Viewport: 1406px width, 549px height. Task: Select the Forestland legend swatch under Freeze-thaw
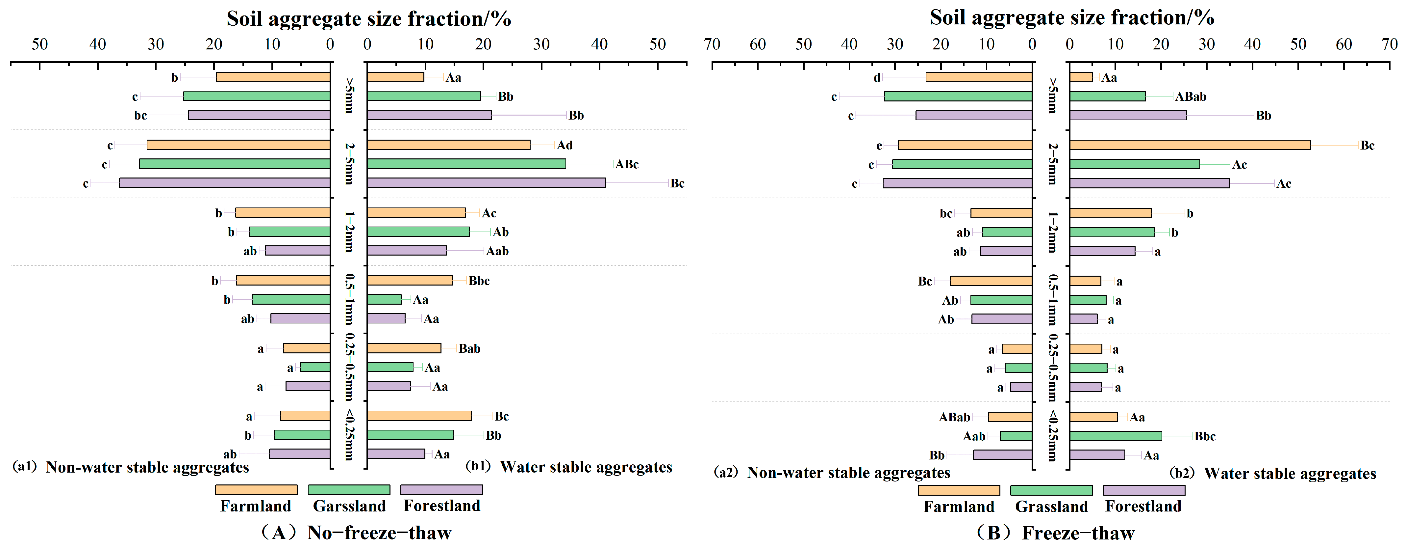pyautogui.click(x=1143, y=490)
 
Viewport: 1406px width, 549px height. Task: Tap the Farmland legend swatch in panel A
pyautogui.click(x=256, y=489)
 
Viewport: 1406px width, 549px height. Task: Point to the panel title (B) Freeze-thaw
pyautogui.click(x=1055, y=533)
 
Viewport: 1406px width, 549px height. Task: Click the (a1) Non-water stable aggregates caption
pyautogui.click(x=131, y=467)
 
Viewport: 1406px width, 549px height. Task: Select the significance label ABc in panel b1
pyautogui.click(x=627, y=164)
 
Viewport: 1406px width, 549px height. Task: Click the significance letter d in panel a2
pyautogui.click(x=877, y=78)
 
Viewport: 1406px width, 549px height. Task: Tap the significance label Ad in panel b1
pyautogui.click(x=565, y=145)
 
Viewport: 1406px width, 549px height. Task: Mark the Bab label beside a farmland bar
pyautogui.click(x=469, y=348)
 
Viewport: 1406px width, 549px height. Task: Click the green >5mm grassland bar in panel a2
pyautogui.click(x=958, y=96)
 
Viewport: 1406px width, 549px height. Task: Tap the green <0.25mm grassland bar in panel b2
pyautogui.click(x=1115, y=436)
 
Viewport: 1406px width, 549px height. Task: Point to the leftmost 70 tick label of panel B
pyautogui.click(x=712, y=44)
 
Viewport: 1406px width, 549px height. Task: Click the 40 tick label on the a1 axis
pyautogui.click(x=98, y=44)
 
